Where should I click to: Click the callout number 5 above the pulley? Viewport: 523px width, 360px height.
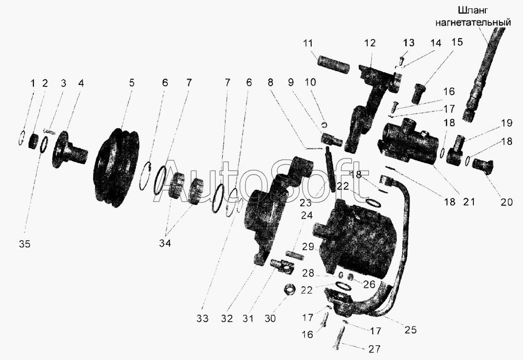pyautogui.click(x=131, y=82)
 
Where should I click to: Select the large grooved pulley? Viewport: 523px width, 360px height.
pyautogui.click(x=117, y=165)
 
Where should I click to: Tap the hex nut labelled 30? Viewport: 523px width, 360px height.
pyautogui.click(x=289, y=289)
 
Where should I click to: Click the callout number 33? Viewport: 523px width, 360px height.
pyautogui.click(x=202, y=318)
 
